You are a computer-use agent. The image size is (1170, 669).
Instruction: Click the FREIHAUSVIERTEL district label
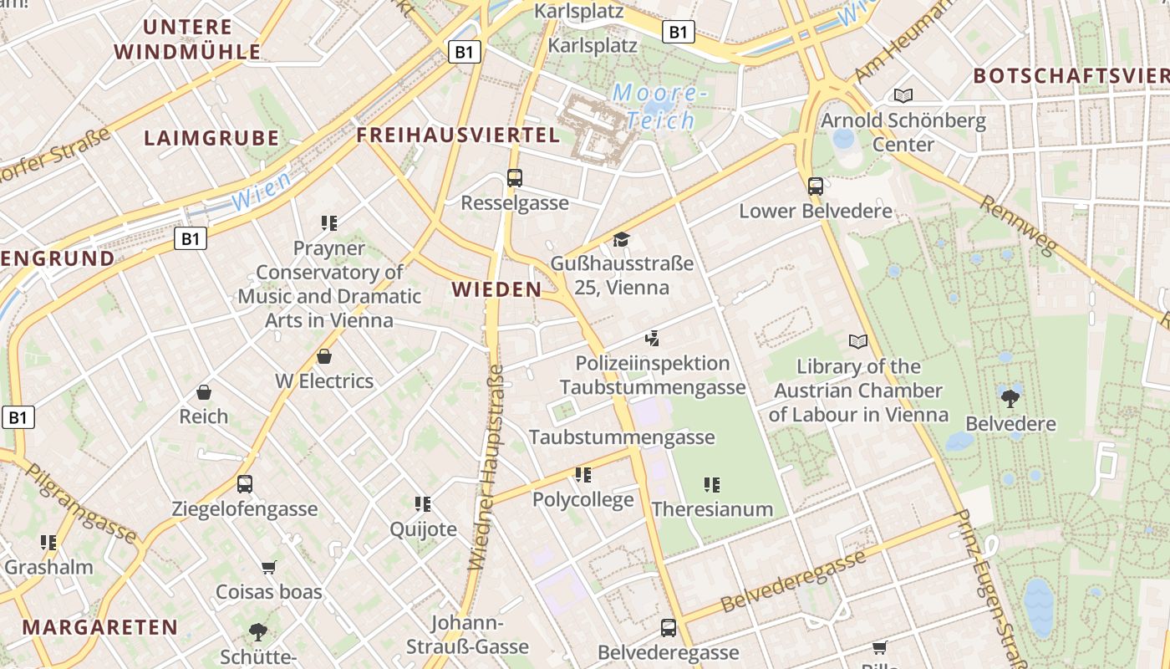458,135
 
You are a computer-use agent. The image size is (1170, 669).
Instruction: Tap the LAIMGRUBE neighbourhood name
211,138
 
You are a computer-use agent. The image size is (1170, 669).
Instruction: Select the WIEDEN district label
496,289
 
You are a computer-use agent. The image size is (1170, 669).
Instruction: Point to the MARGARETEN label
100,626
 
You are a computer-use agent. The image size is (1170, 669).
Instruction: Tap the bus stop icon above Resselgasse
515,178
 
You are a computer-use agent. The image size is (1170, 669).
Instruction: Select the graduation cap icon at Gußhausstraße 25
621,240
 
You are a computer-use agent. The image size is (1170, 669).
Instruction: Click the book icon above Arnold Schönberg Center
903,95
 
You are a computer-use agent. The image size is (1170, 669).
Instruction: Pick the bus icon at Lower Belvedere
816,186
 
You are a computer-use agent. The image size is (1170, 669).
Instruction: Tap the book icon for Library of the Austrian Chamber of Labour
858,341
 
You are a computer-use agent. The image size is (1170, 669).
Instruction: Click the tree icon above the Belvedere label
1010,398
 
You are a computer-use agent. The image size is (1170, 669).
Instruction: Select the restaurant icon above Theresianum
712,484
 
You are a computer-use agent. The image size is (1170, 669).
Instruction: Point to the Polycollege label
583,500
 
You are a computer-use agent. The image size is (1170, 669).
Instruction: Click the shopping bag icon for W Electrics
324,357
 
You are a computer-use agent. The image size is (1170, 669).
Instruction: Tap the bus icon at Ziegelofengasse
245,484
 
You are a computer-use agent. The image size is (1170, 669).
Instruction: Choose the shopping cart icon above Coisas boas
269,568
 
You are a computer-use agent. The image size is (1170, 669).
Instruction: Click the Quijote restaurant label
424,529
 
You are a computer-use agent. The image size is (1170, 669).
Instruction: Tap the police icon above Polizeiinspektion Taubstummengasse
653,339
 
